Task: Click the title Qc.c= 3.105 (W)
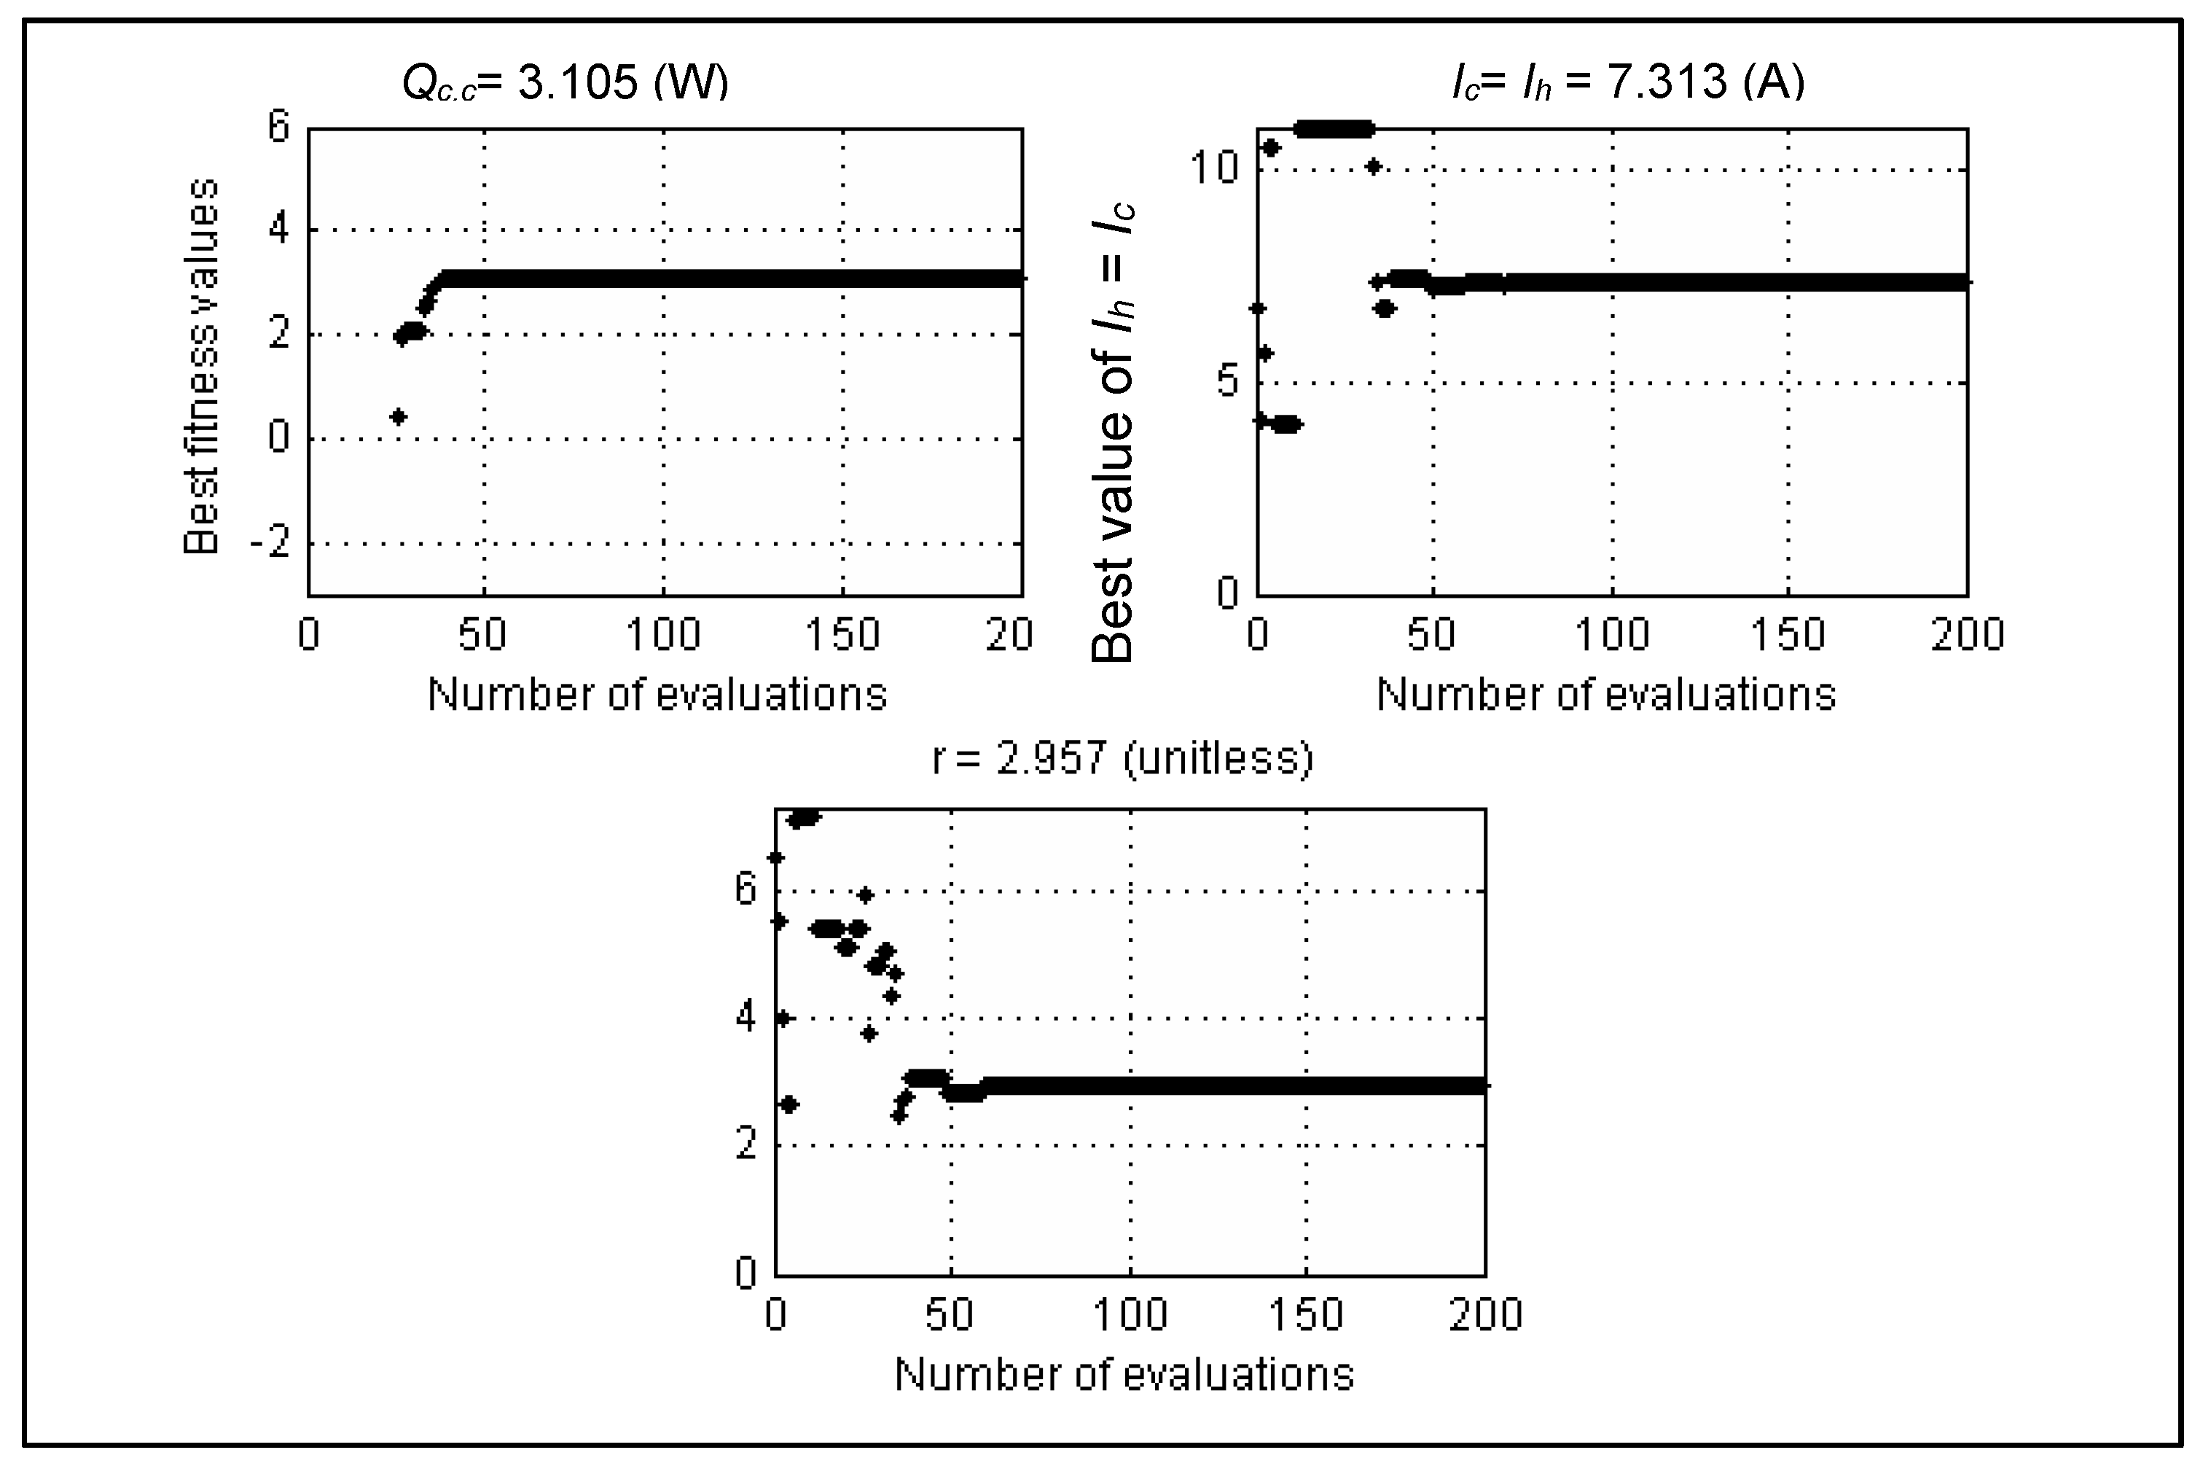565,82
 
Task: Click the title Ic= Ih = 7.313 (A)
1627,82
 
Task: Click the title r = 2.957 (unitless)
1122,758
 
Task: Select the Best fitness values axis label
201,367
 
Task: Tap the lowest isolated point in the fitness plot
398,416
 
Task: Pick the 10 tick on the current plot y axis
1213,168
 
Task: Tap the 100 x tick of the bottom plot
1130,1314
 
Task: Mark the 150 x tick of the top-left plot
842,635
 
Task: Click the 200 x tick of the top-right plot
1967,635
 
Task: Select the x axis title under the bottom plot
1124,1374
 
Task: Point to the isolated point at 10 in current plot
1373,166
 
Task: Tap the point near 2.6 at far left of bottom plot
789,1104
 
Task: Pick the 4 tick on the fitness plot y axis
278,229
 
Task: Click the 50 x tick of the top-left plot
482,635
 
